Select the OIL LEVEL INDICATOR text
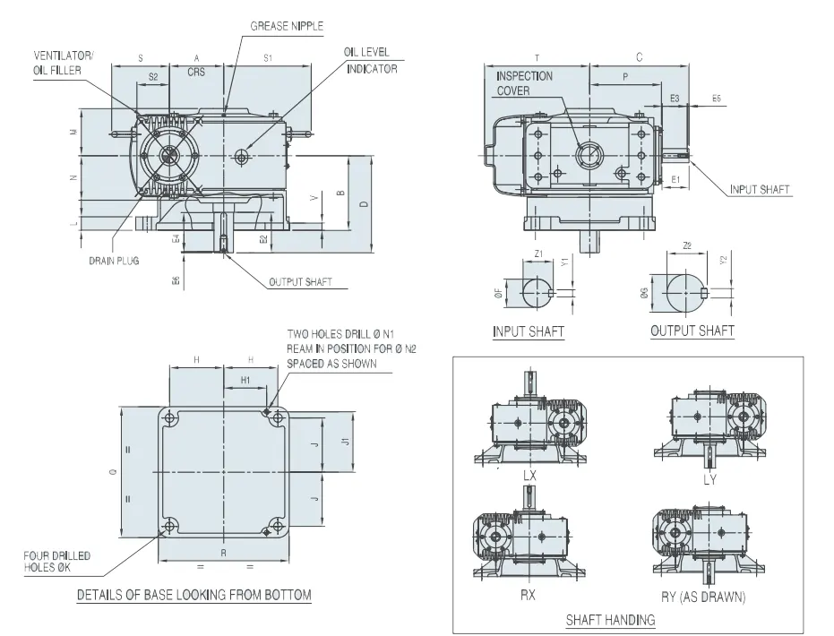click(370, 60)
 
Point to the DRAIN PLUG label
click(114, 261)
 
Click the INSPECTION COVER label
click(524, 83)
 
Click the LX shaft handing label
click(529, 477)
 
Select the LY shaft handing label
click(709, 478)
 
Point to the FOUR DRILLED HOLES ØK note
click(56, 562)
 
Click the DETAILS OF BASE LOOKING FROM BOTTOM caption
click(194, 595)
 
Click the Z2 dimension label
click(687, 245)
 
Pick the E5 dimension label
click(716, 97)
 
